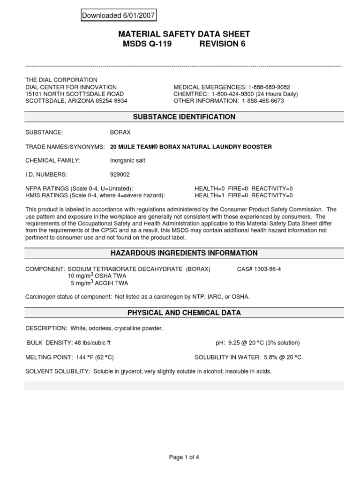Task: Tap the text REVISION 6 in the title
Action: click(x=222, y=44)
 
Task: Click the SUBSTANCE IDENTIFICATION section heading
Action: click(x=184, y=117)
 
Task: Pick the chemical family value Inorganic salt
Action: click(x=127, y=160)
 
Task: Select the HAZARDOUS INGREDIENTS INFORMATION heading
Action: click(x=184, y=253)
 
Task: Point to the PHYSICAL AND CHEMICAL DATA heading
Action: click(x=184, y=313)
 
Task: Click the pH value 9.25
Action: click(x=237, y=343)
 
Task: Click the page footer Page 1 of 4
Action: click(x=184, y=457)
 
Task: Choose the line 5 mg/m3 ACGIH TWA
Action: click(x=99, y=283)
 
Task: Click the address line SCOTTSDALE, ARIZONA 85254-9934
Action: click(x=76, y=101)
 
